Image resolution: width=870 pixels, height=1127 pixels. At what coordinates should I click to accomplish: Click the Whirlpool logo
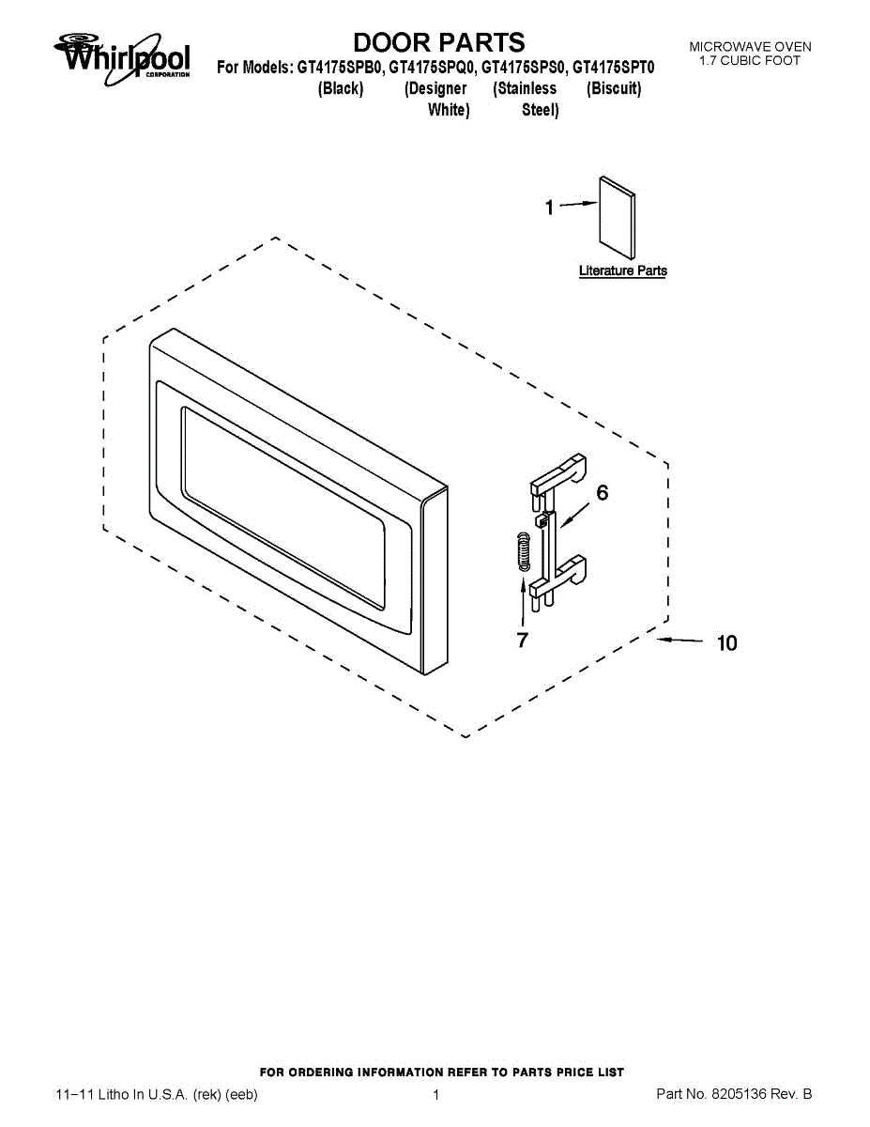tap(122, 58)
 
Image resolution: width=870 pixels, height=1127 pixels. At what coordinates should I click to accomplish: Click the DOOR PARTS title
tap(439, 42)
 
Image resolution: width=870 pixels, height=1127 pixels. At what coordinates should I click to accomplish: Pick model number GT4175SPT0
tap(614, 68)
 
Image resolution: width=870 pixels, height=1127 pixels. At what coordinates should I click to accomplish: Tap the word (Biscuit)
tap(614, 88)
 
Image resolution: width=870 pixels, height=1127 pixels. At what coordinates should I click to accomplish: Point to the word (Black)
tap(341, 88)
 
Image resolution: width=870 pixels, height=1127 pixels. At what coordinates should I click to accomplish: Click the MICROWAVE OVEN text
tap(750, 47)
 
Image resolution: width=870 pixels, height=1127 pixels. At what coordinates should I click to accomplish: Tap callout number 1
tap(550, 208)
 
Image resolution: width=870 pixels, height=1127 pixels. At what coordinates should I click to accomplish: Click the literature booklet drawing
tap(618, 218)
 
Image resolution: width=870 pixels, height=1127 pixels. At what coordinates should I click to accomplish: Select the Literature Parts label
tap(623, 270)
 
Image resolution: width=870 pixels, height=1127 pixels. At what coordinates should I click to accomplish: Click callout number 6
tap(603, 493)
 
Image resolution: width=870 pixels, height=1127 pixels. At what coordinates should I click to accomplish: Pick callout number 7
tap(523, 640)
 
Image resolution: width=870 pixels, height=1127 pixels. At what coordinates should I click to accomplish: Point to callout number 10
tap(726, 643)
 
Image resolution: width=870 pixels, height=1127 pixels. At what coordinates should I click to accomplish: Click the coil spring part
tap(524, 552)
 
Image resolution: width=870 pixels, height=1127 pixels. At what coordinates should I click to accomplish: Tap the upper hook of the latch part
tap(557, 473)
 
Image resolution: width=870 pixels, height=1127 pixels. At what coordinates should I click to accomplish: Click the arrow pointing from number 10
tap(679, 641)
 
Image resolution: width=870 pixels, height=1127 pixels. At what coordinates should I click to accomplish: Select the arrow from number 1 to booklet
tap(579, 205)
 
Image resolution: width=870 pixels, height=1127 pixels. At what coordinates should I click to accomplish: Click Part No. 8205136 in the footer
tap(734, 1094)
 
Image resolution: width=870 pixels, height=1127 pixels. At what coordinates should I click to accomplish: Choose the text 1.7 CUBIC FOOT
tap(750, 61)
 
